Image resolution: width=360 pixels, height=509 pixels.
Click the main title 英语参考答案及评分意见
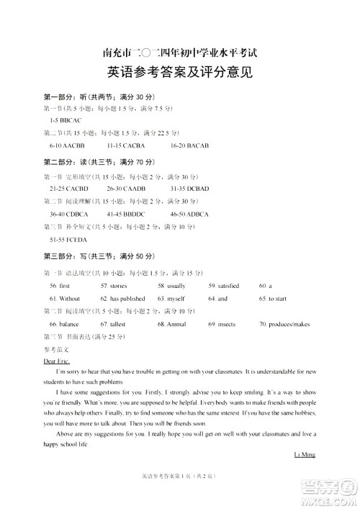point(180,73)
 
